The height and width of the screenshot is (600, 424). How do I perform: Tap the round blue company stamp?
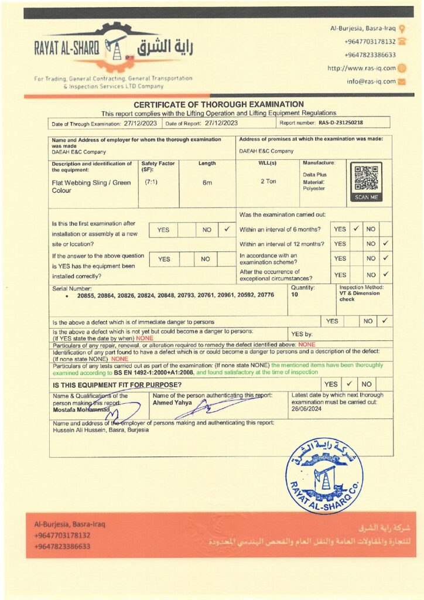(x=324, y=474)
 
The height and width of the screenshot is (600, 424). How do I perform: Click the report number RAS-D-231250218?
(x=341, y=123)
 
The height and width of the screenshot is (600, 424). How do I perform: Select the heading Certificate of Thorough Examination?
(x=219, y=104)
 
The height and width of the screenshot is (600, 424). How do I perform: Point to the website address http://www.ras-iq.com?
(x=361, y=69)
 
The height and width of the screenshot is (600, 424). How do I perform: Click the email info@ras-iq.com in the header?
(x=371, y=81)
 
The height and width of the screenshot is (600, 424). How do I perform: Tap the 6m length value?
(x=207, y=182)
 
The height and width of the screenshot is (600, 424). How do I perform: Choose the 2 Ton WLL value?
(x=268, y=182)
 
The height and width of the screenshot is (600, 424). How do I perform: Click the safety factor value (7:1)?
(x=151, y=182)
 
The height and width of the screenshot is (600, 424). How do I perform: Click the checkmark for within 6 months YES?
(x=355, y=229)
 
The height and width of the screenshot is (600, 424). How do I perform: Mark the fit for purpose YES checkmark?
(x=348, y=384)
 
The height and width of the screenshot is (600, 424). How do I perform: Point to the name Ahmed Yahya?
(x=169, y=403)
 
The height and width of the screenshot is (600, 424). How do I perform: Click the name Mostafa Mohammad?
(x=77, y=409)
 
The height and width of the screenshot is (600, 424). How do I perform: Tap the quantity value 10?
(x=295, y=295)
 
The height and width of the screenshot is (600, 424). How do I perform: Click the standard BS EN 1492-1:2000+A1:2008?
(x=154, y=373)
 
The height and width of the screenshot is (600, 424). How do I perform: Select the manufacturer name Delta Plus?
(x=314, y=175)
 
